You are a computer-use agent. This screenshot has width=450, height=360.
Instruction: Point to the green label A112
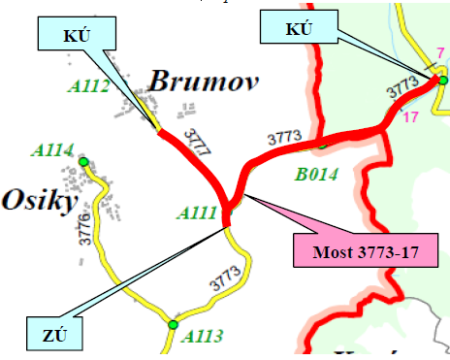(88, 86)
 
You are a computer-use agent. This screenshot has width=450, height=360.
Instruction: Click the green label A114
(52, 149)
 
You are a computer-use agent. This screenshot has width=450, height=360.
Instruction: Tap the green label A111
(196, 213)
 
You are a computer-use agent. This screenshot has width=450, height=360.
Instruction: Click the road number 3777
(197, 144)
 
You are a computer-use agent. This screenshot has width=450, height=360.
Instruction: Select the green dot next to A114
(83, 161)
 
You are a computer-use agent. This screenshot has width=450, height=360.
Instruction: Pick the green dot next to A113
(173, 324)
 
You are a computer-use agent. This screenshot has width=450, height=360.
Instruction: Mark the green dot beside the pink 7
(441, 80)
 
